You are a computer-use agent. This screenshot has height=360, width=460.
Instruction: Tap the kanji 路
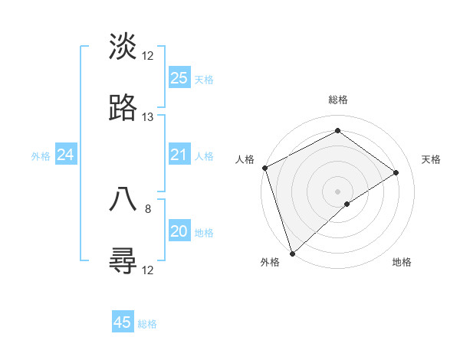click(x=123, y=110)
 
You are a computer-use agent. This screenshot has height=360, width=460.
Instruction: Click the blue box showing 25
click(x=179, y=77)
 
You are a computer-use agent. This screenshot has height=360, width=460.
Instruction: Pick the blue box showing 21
click(x=179, y=155)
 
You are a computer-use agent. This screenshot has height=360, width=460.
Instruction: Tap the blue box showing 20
click(x=179, y=231)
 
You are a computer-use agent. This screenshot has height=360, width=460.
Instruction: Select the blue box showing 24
click(x=66, y=155)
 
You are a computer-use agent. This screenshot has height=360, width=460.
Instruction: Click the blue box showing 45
click(x=123, y=322)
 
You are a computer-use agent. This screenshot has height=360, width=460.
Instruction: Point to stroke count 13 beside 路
click(x=148, y=117)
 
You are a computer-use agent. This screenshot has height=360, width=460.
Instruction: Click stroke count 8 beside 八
click(x=148, y=207)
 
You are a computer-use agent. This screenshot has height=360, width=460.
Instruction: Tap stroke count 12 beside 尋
click(x=148, y=270)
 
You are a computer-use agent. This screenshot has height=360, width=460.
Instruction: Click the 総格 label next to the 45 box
click(x=147, y=324)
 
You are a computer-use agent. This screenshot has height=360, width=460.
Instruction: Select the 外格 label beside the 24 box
click(x=41, y=156)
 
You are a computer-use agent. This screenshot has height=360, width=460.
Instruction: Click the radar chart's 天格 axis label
click(x=432, y=159)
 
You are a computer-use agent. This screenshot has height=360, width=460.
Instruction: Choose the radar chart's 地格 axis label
click(x=402, y=262)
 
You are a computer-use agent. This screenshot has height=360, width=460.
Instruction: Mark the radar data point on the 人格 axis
click(x=264, y=168)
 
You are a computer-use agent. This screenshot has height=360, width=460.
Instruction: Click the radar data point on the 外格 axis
click(x=292, y=253)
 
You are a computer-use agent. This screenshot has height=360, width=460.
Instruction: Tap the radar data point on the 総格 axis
click(x=337, y=131)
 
